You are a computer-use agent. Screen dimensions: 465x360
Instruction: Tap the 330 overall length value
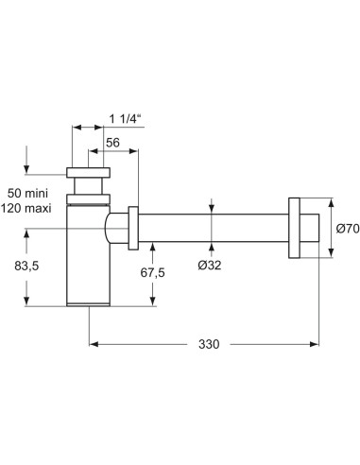(209, 345)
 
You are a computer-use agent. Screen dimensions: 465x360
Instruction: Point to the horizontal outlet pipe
(213, 227)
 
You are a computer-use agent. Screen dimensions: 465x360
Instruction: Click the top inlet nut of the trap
(89, 175)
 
